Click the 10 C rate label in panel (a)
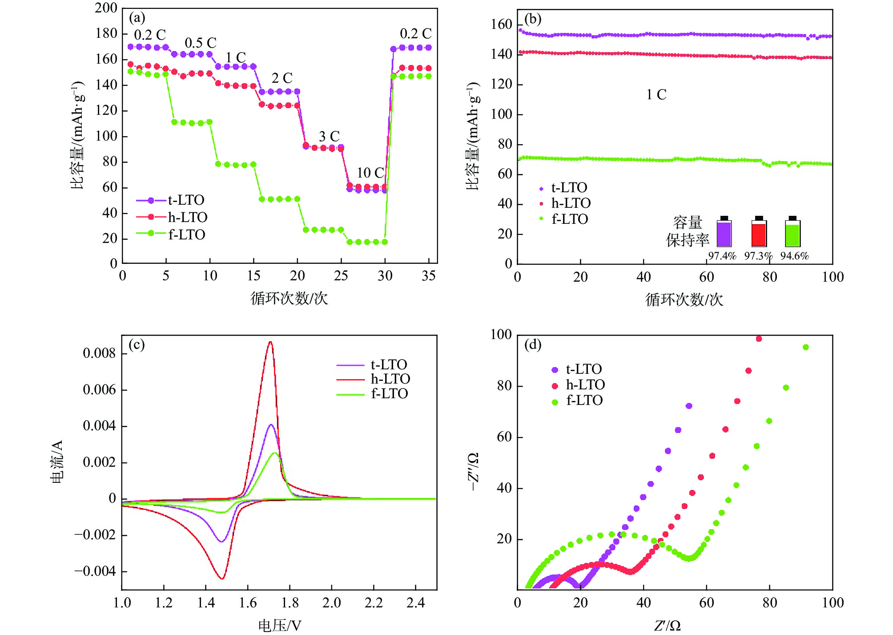pos(370,173)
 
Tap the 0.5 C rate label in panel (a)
pos(200,43)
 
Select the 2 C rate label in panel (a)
pos(282,78)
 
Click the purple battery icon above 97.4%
pos(724,232)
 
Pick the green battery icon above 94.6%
pos(792,232)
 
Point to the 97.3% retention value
pos(758,256)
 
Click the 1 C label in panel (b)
pos(656,94)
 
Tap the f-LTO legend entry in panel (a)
pos(171,234)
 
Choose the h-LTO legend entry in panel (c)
pos(373,379)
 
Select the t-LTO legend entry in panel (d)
pos(576,369)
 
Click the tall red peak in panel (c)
pos(270,342)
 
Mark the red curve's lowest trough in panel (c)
pos(222,578)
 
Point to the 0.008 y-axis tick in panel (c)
pos(99,353)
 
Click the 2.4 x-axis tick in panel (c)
pos(415,603)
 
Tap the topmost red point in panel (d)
pos(759,339)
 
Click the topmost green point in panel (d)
pos(805,348)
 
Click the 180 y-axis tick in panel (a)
pos(106,33)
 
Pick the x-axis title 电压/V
pos(280,625)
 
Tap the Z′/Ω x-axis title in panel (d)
pos(667,626)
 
